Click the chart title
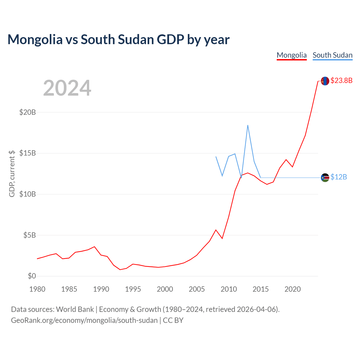click(x=118, y=40)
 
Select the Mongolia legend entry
click(x=291, y=55)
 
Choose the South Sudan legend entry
click(x=332, y=55)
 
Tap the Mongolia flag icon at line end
click(x=325, y=81)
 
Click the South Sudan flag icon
click(x=325, y=177)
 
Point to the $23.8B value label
click(x=341, y=80)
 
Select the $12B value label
click(x=339, y=177)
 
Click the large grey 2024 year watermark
click(x=67, y=88)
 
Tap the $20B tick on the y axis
click(x=28, y=112)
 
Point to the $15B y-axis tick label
click(x=28, y=153)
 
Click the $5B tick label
click(x=30, y=235)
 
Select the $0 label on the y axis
click(x=32, y=276)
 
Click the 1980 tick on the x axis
click(x=37, y=289)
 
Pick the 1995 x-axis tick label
click(x=133, y=289)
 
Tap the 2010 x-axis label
click(x=229, y=289)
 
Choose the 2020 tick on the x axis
click(x=292, y=289)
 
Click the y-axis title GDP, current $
click(x=12, y=174)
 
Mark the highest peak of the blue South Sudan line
click(x=248, y=125)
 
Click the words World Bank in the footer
click(x=75, y=309)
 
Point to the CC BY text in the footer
click(x=173, y=320)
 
